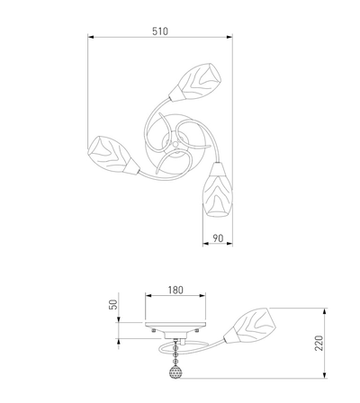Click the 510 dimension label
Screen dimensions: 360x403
pos(160,31)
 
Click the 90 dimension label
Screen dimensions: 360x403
pos(218,238)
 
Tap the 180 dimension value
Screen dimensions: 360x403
pos(175,290)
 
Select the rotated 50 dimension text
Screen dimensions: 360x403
pos(113,305)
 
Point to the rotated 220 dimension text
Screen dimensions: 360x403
pos(319,343)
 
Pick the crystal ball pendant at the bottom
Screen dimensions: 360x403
pos(175,373)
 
